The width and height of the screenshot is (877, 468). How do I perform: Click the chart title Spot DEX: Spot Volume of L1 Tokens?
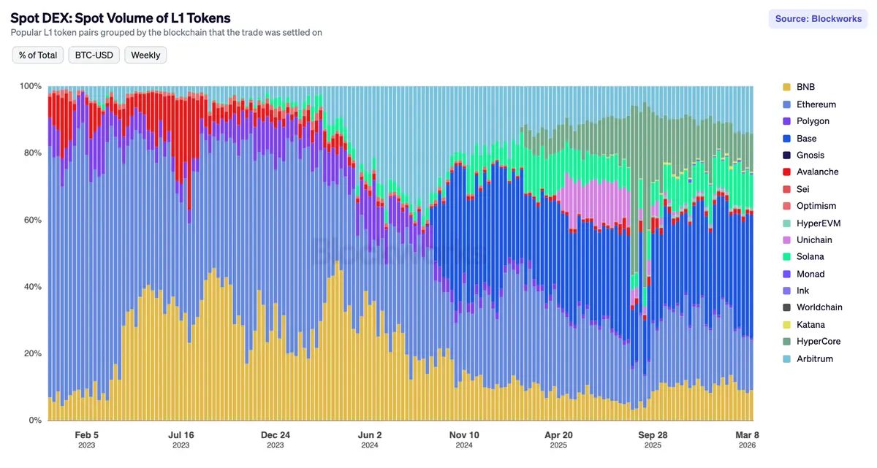point(121,18)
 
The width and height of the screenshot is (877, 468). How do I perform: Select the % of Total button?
point(38,55)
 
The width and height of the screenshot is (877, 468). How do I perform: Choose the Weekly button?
point(145,55)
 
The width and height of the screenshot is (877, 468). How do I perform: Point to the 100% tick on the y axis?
point(30,86)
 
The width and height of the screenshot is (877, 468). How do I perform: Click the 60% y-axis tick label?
point(32,220)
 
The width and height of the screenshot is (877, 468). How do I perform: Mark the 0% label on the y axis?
point(35,421)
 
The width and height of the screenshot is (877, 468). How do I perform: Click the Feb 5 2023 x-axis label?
point(87,439)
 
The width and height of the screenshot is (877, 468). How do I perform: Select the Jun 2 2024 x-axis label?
point(369,439)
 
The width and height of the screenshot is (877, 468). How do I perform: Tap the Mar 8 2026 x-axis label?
point(746,439)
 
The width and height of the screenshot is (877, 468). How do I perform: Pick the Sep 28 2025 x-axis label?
point(652,439)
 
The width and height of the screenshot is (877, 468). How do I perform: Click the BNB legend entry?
point(805,87)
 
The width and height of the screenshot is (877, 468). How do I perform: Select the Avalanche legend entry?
point(817,172)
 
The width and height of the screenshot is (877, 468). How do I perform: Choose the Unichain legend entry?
point(814,240)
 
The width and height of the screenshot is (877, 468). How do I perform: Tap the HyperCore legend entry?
point(819,342)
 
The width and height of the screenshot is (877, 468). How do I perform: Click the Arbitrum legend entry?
point(814,358)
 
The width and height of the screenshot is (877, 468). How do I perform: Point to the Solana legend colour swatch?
point(786,257)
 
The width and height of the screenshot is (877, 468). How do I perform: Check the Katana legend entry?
point(810,325)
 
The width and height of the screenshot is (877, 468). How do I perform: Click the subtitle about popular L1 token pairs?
point(167,33)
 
